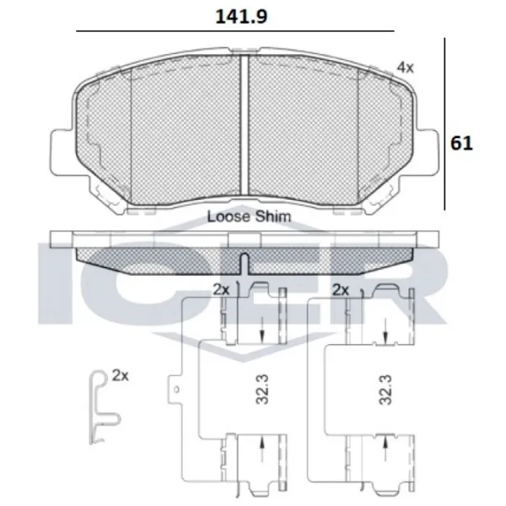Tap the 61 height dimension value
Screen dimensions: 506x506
pos(461,143)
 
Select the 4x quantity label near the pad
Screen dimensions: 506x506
pos(406,66)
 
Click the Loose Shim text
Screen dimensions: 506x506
pos(249,216)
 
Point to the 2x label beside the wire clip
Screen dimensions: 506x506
pos(120,374)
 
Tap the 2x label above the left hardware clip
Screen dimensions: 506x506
pos(222,289)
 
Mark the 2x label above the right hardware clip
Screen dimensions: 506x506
pos(342,289)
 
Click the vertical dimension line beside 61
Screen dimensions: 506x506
pos(444,126)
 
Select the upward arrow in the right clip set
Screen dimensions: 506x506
pos(385,444)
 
